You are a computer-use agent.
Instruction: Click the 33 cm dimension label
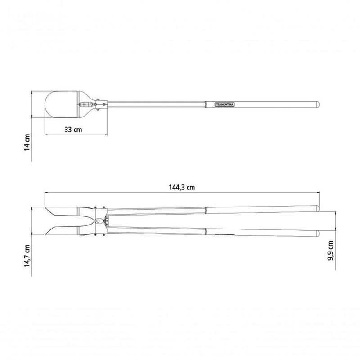point(73,130)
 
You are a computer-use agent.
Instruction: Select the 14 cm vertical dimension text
point(27,142)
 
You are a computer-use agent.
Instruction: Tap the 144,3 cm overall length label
point(182,187)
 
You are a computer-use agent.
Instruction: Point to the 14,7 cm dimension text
point(27,256)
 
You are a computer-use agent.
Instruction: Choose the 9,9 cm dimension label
point(330,251)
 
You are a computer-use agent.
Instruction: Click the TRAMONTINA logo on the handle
point(225,104)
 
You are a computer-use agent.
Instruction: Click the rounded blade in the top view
point(62,104)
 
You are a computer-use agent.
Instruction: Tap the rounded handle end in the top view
point(318,104)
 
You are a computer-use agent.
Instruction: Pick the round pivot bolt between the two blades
point(98,221)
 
